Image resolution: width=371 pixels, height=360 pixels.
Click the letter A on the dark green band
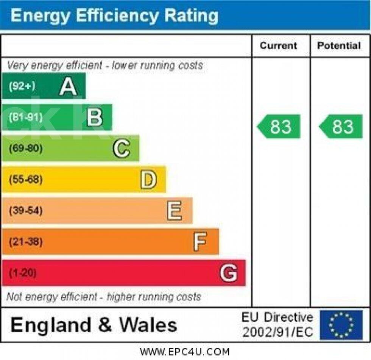[68, 86]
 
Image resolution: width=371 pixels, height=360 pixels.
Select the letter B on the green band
[95, 117]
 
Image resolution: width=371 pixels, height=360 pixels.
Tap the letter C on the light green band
[121, 149]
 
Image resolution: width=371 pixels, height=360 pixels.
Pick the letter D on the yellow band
[148, 180]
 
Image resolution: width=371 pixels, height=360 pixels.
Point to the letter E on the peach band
[174, 211]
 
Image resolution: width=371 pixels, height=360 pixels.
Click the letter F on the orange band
[200, 242]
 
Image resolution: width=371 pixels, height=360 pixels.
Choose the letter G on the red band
[229, 273]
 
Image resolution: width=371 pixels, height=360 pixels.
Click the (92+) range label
[22, 86]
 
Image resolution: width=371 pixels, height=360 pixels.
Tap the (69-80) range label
[25, 149]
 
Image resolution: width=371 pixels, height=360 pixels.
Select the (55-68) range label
[25, 180]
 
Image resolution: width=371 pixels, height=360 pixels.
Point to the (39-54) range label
[25, 211]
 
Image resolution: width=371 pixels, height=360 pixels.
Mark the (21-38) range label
[25, 242]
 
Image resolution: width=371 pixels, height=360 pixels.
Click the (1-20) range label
[23, 273]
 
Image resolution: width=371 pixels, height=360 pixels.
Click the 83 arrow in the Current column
[279, 127]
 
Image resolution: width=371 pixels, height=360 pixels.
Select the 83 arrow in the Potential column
[341, 127]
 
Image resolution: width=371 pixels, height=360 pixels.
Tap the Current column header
[278, 46]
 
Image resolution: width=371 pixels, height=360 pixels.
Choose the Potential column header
[339, 46]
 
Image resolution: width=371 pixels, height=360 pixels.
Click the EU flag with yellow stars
[341, 325]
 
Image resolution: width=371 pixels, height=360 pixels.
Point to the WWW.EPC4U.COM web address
[185, 352]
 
